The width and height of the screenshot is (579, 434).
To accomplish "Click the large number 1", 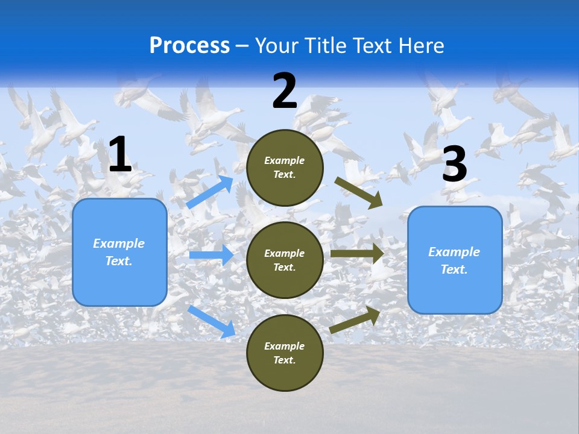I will coord(120,155).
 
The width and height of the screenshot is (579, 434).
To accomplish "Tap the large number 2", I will coord(285,91).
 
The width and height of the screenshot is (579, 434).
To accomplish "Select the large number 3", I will coord(455,165).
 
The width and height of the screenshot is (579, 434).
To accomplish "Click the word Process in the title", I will coord(189,45).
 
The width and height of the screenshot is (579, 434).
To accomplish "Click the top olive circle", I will coord(285,168).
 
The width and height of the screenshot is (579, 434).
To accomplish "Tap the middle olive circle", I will coord(285,260).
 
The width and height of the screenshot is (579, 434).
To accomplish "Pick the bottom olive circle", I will coord(285,353).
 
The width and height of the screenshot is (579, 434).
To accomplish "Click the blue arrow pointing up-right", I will coord(209,192).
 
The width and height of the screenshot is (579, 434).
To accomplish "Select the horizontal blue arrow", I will coord(211,255).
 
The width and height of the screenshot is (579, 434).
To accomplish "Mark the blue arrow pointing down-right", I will coord(211,321).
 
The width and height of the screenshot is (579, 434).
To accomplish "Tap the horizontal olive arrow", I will coord(357,253).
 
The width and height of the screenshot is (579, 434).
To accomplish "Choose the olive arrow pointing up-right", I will coord(355,319).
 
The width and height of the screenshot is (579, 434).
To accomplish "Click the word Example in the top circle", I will coord(285,161).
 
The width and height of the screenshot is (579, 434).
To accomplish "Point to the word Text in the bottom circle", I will coord(283,360).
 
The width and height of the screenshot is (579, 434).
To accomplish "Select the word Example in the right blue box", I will coord(454,252).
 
